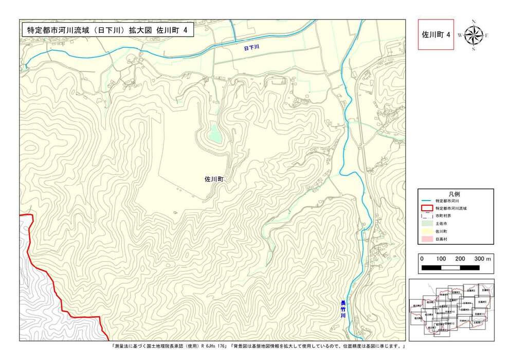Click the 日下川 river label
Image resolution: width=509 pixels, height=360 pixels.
pos(251,47)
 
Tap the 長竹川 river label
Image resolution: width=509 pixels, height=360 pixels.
pos(343,309)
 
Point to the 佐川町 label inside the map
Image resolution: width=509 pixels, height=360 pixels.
pos(214,179)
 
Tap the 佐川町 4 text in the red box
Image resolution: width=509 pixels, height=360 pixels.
pos(436,34)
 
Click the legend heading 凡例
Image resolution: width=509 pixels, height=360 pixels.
pos(455,193)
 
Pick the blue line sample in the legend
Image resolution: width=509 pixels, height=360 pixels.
pos(426,201)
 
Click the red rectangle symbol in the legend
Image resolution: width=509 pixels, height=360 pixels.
pos(426,208)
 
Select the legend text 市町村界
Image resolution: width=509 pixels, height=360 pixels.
pos(443,216)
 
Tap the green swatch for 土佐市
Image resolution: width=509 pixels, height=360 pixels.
pos(426,224)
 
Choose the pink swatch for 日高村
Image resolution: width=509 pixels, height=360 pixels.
pos(426,239)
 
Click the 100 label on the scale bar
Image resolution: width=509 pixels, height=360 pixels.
pos(441,259)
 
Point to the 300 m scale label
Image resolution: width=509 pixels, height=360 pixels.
pos(483,259)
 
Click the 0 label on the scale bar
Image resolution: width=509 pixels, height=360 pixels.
pos(422,259)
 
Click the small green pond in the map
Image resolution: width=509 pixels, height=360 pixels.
pos(214,136)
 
